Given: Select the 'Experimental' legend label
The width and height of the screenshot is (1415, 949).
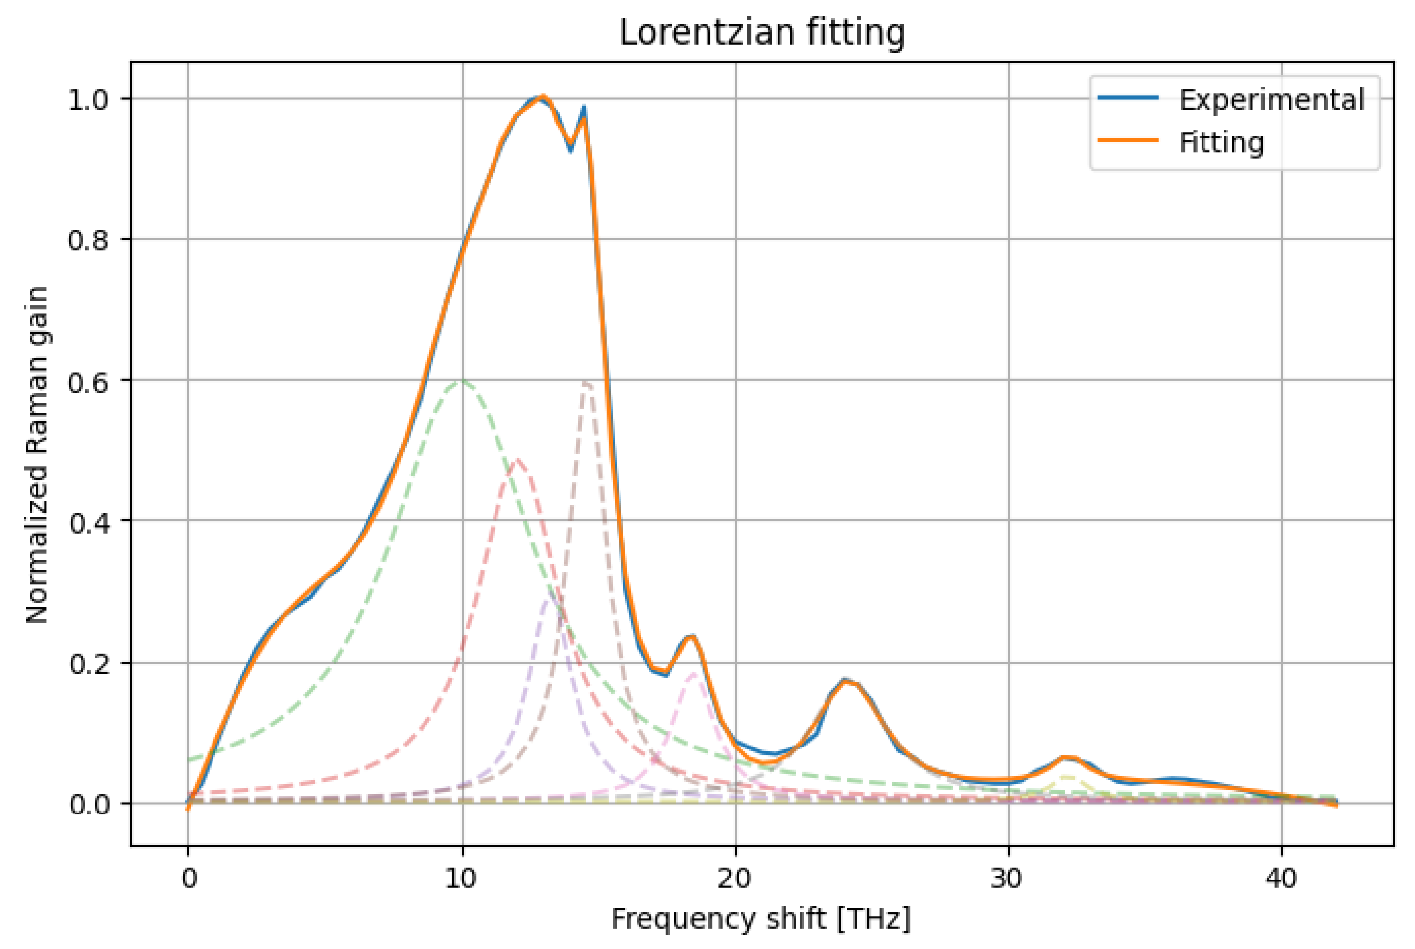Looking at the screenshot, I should point(1272,100).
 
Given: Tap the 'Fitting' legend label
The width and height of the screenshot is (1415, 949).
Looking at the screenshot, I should point(1221,143).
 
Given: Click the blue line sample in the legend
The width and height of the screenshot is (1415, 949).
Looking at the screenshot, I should point(1128,98).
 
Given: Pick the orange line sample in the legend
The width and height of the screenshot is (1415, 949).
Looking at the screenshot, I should point(1128,140).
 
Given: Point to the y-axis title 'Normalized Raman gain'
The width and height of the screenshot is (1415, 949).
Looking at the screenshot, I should point(38,455).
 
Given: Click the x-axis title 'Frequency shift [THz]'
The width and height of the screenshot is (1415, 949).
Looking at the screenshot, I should point(761,919).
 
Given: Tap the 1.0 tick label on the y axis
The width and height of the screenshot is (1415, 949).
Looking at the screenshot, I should point(88,100).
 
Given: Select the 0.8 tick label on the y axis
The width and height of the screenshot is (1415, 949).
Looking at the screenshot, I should point(88,240).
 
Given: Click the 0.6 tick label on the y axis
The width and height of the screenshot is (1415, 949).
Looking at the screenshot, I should point(88,381).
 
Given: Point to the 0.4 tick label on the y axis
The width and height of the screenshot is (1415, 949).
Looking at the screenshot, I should point(88,522).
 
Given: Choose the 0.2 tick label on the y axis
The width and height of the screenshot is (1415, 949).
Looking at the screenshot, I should point(88,663).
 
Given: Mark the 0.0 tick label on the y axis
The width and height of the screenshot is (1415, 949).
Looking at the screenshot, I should point(88,805).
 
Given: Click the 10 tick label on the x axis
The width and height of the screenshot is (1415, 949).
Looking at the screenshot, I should point(462,877).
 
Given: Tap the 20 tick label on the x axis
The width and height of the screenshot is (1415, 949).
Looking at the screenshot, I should point(735,877).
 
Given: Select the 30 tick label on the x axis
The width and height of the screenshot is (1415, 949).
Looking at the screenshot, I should point(1008,877).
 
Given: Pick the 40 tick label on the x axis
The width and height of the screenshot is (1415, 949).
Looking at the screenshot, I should point(1281,877).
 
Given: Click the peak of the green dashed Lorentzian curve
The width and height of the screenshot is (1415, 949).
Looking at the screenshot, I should point(463,380).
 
